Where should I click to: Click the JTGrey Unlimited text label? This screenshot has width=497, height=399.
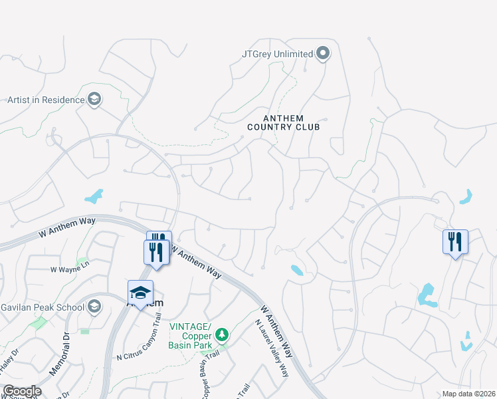click(276, 53)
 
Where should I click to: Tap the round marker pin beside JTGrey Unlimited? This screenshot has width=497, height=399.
click(323, 53)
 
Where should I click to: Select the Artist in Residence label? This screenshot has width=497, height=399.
click(46, 100)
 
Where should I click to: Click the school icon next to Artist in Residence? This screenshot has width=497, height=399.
click(94, 100)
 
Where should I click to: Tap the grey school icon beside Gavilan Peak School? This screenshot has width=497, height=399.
click(94, 307)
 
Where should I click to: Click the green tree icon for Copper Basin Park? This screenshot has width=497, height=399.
click(224, 334)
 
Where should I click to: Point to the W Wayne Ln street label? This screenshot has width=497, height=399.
click(70, 270)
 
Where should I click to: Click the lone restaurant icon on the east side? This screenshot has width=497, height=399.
click(455, 242)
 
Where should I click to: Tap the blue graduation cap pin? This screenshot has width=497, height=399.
click(141, 293)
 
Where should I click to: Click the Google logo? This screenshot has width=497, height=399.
click(22, 391)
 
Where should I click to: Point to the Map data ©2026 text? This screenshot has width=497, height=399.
click(468, 394)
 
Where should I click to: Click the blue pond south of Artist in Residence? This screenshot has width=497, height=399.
click(94, 196)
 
